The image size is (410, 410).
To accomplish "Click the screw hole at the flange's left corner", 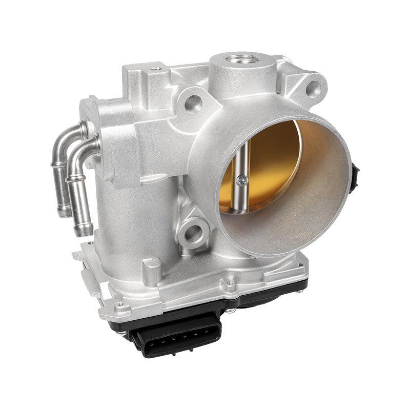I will coord(120,304).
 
